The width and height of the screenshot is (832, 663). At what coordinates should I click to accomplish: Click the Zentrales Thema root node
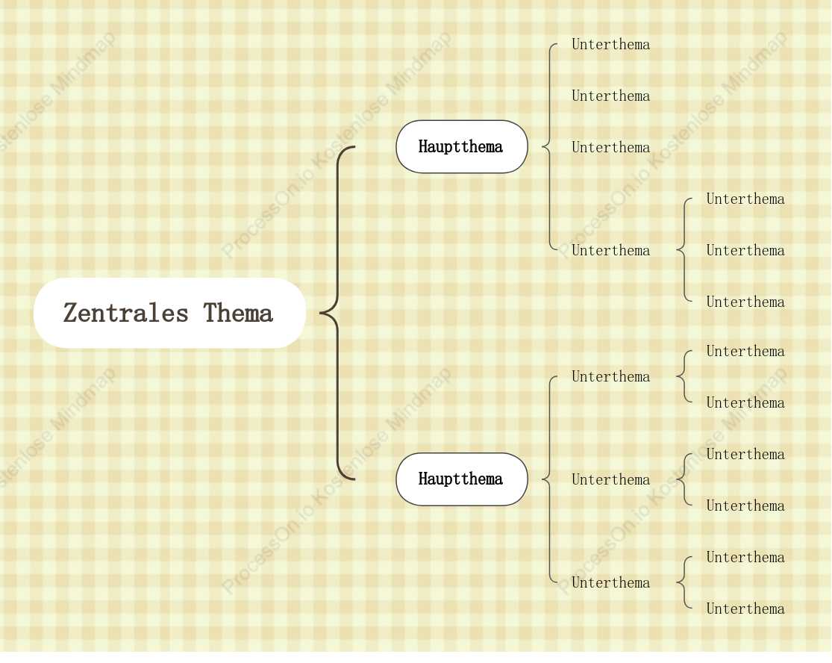(170, 313)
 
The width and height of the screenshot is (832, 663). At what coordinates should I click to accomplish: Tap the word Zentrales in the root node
(126, 313)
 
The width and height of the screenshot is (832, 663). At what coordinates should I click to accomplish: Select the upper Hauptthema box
(462, 146)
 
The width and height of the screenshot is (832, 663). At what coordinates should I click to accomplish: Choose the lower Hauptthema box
(462, 479)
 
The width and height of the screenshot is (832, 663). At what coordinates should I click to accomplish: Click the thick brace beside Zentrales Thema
(337, 313)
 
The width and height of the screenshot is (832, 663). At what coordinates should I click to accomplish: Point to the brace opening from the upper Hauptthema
(549, 146)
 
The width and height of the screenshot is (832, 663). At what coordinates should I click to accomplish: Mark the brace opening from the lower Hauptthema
(549, 479)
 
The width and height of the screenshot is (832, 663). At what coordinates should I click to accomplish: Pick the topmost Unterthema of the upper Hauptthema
(610, 45)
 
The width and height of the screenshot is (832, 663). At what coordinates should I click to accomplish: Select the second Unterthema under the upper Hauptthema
(610, 96)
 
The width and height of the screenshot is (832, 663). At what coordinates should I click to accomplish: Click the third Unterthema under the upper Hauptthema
(610, 148)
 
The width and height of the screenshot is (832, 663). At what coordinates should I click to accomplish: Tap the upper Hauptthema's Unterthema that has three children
(610, 251)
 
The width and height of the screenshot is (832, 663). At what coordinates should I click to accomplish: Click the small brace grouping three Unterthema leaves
(684, 250)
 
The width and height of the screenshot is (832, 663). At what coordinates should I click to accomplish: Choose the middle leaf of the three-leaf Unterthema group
(745, 251)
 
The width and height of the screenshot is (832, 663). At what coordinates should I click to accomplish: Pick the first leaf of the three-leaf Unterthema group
(745, 199)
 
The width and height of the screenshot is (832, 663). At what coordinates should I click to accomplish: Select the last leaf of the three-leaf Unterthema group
(745, 302)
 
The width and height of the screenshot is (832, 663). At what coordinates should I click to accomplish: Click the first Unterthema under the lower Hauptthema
(610, 377)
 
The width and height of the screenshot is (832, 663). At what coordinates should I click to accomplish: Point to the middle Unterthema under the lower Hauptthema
(610, 480)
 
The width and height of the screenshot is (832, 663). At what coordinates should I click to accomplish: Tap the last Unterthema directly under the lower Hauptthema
(610, 583)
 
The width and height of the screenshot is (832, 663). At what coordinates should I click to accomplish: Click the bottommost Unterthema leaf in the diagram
(745, 608)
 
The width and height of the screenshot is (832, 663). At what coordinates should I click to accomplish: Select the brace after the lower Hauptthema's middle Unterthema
(684, 479)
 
